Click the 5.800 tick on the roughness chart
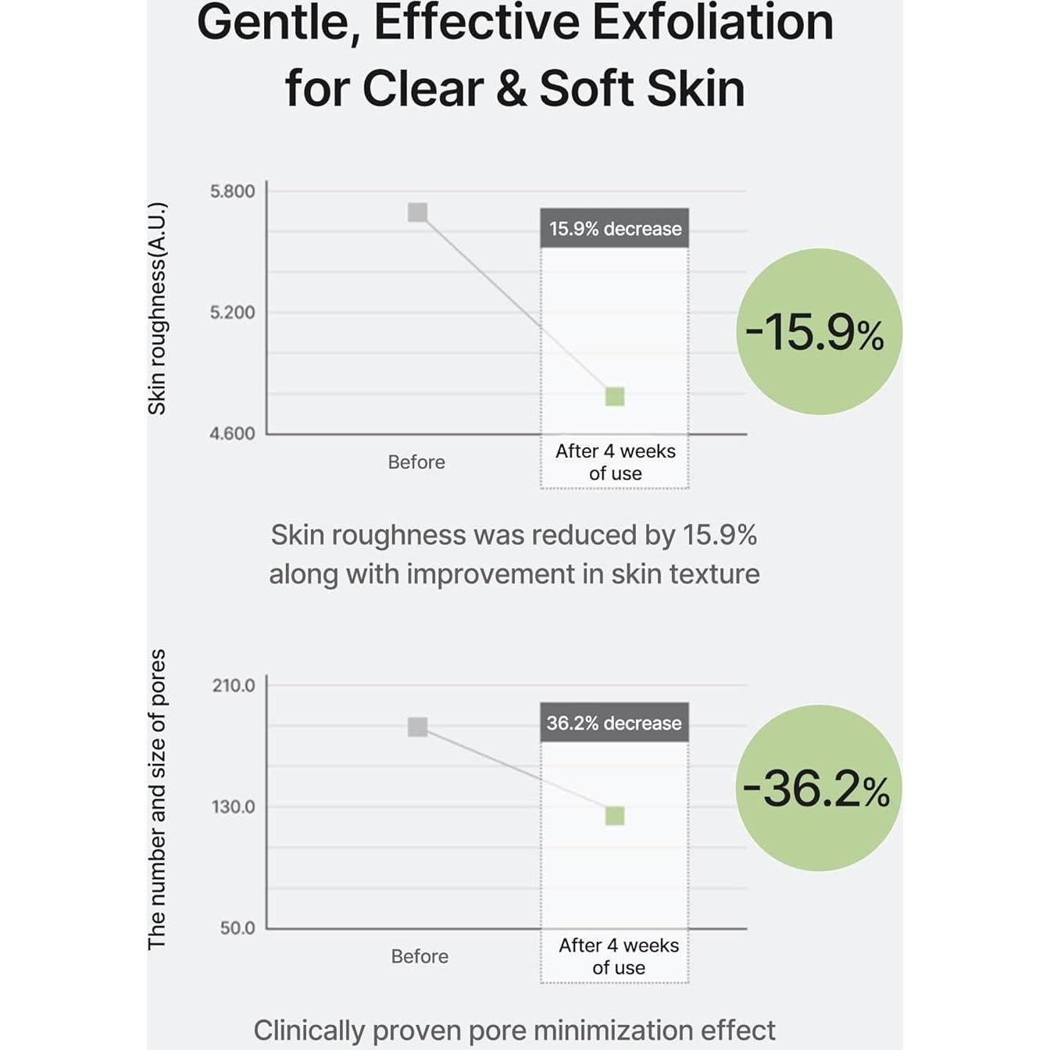(232, 191)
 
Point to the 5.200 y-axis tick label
(232, 312)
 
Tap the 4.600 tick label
(232, 434)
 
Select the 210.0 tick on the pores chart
(234, 686)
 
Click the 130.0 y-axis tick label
(234, 807)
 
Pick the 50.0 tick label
(237, 928)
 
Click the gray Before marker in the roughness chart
(418, 212)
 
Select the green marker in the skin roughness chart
(615, 397)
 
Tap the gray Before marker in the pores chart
(418, 727)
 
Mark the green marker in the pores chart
(615, 816)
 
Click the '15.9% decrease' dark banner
(615, 229)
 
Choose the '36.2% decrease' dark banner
(614, 723)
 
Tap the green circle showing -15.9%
(818, 331)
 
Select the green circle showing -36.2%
(818, 788)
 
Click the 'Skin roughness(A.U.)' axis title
(157, 309)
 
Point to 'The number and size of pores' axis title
(157, 799)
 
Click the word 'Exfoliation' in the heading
(712, 22)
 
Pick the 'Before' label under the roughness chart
(416, 462)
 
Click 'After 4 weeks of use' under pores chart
(618, 956)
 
